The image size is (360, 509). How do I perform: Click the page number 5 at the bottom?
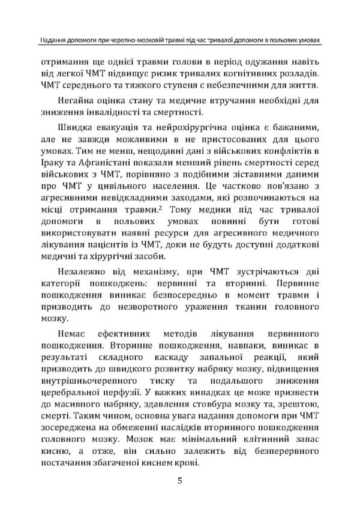click(x=179, y=480)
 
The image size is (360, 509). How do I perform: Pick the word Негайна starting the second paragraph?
click(x=78, y=100)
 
